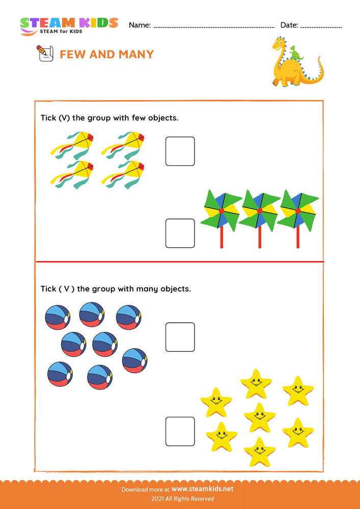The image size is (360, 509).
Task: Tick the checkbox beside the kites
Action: pos(180,151)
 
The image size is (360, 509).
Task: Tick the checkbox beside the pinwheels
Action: pos(180,233)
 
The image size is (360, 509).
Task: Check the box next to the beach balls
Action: pos(180,337)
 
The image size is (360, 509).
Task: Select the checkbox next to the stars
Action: pos(180,431)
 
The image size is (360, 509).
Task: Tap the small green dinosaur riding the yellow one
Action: pos(295,52)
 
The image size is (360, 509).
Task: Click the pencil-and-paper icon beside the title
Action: pos(45,53)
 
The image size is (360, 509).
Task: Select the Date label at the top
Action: pos(289,25)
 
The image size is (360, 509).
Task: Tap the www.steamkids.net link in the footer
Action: pos(202,489)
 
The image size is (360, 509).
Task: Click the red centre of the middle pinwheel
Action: pos(260,211)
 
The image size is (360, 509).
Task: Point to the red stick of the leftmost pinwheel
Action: pos(221,237)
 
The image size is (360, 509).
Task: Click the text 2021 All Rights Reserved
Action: pos(179,499)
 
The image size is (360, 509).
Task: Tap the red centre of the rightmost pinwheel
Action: pos(298,211)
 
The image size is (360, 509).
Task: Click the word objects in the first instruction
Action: pos(162,118)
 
